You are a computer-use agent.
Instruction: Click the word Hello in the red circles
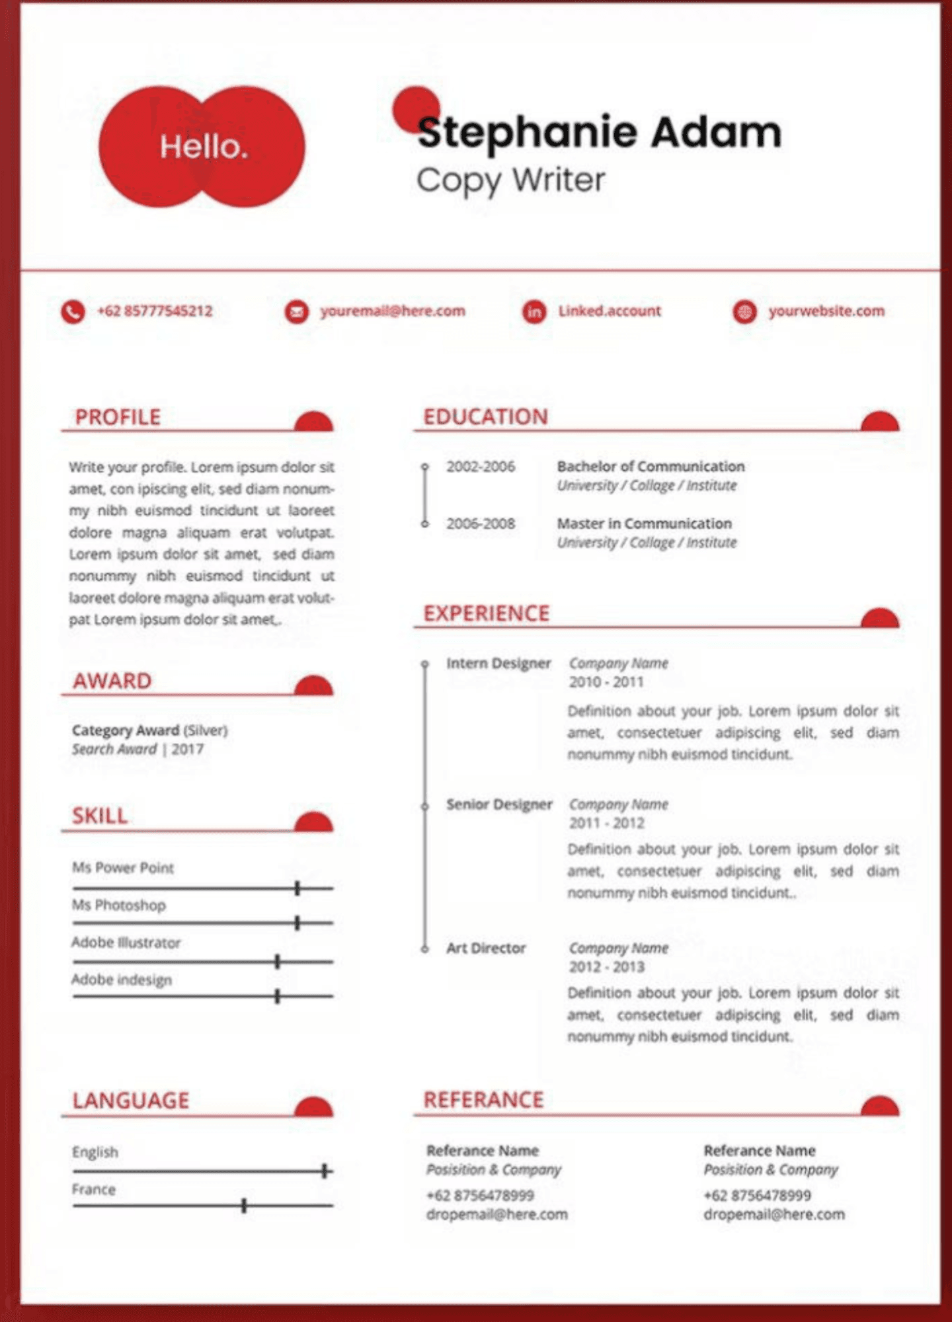point(204,147)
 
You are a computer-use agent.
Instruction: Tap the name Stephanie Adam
point(599,132)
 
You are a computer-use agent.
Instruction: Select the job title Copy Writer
point(510,180)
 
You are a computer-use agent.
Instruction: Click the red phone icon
point(73,311)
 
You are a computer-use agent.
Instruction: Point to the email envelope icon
point(296,311)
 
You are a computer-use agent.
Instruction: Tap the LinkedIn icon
point(534,311)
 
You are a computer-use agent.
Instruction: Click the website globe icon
point(744,311)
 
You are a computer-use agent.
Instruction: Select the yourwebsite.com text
point(826,311)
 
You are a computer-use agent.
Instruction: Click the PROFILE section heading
point(118,417)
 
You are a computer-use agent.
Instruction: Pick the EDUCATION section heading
point(485,417)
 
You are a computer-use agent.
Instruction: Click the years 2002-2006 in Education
point(481,467)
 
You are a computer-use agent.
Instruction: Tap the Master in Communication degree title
point(645,524)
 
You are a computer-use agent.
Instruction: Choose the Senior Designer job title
point(499,804)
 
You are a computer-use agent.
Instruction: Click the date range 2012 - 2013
point(606,967)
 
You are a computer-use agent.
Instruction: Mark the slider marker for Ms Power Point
point(297,888)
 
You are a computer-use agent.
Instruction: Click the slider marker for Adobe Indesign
point(278,995)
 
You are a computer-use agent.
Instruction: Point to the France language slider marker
point(244,1206)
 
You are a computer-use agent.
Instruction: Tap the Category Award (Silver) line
point(149,730)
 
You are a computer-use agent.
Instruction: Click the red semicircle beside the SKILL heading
point(313,822)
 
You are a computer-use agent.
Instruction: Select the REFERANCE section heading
point(483,1100)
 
